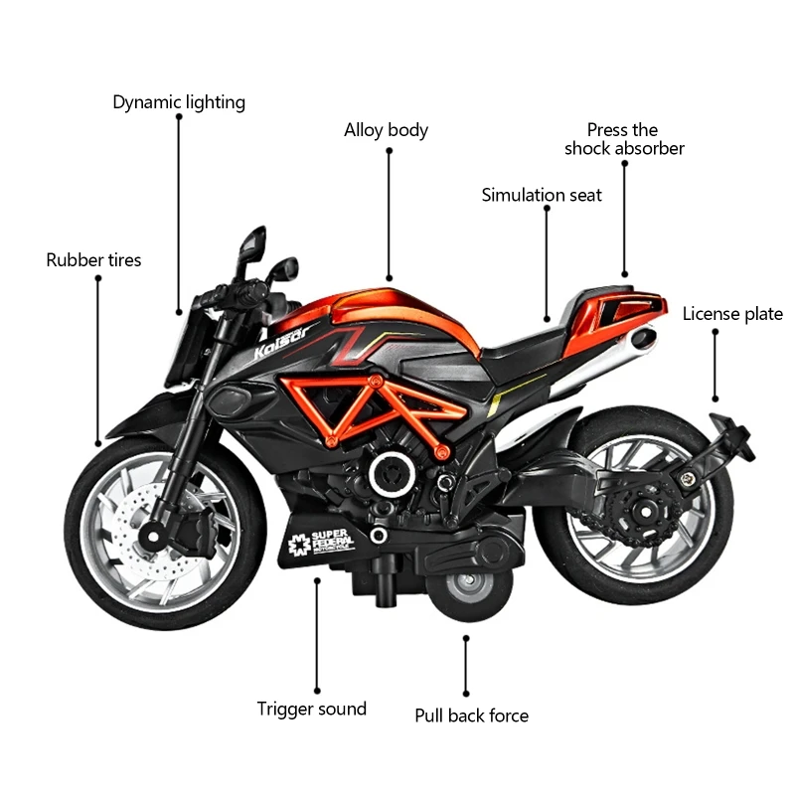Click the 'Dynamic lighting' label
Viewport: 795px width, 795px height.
click(179, 102)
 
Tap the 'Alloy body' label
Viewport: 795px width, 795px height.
click(387, 130)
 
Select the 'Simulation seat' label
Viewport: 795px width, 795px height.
click(542, 195)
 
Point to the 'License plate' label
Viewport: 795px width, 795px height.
click(732, 315)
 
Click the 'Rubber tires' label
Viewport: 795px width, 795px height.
click(94, 260)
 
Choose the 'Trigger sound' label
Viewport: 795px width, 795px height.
click(312, 709)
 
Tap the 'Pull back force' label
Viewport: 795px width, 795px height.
click(472, 715)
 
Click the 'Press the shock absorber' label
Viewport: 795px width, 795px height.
click(624, 139)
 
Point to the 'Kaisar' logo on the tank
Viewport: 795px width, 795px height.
click(283, 340)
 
